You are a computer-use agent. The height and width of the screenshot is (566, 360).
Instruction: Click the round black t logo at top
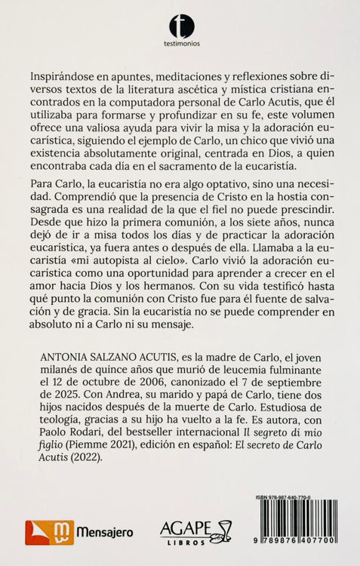point(181,26)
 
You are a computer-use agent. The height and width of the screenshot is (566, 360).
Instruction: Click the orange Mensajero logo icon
point(39,532)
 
